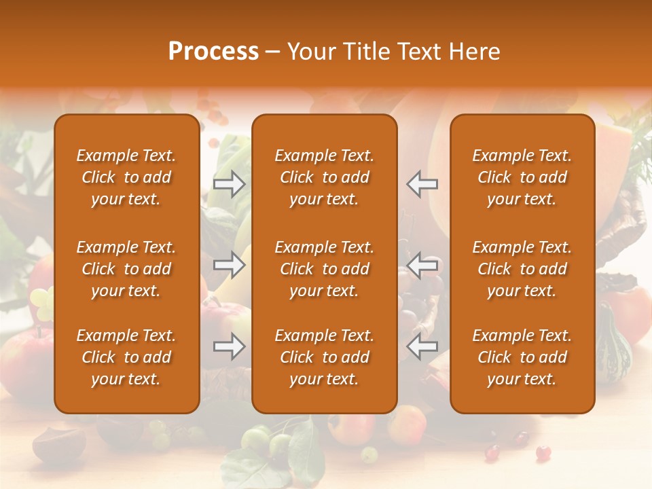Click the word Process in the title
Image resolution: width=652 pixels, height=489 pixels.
point(213,52)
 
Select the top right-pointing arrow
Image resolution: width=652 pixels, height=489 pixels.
point(230,183)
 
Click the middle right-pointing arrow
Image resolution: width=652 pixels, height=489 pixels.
point(230,265)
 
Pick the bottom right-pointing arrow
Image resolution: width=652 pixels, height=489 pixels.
point(230,346)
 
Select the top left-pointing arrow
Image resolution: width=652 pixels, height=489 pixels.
point(422,183)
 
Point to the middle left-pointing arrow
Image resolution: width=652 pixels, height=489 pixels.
point(422,265)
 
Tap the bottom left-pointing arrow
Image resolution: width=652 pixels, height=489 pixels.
point(422,346)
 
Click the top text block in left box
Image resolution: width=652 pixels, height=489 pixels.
point(126,177)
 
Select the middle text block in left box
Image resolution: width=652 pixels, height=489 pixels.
point(126,269)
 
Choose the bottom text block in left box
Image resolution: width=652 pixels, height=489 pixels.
point(126,357)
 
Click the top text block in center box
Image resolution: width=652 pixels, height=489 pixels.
point(324,177)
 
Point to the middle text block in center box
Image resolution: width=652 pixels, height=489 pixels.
point(324,269)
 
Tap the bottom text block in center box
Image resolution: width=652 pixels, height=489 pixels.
point(324,357)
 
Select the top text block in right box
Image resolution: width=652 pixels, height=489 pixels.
point(522,177)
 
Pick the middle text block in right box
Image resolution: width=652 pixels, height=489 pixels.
point(522,269)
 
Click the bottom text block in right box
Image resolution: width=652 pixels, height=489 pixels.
point(522,357)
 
